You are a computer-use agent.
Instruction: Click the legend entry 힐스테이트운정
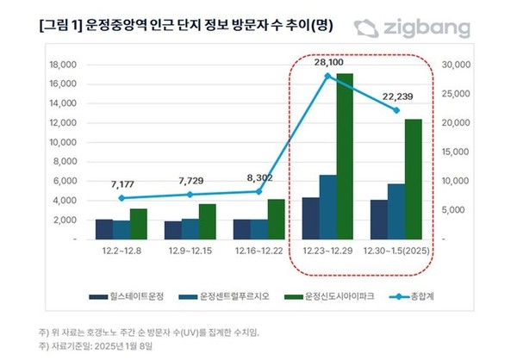(137, 297)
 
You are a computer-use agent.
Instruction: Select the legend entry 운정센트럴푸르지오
(229, 297)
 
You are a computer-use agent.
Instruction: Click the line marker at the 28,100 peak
(327, 76)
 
